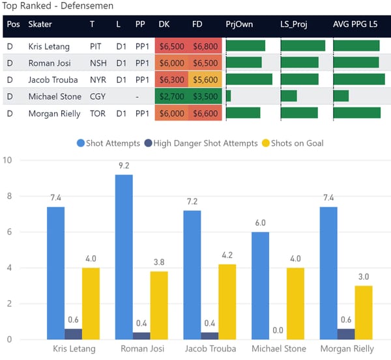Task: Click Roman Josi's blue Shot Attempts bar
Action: pos(124,257)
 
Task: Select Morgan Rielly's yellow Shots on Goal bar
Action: pos(364,312)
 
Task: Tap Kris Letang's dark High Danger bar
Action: pos(73,334)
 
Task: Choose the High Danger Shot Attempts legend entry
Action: pos(203,143)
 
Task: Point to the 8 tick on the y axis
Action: pos(7,197)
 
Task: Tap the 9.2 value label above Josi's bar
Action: pos(124,166)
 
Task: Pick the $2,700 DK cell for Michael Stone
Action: pos(171,96)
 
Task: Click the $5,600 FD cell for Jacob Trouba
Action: pos(205,79)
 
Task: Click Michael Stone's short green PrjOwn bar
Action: pos(228,96)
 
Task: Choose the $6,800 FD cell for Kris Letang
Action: pos(205,46)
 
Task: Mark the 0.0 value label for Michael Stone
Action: pos(278,331)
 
